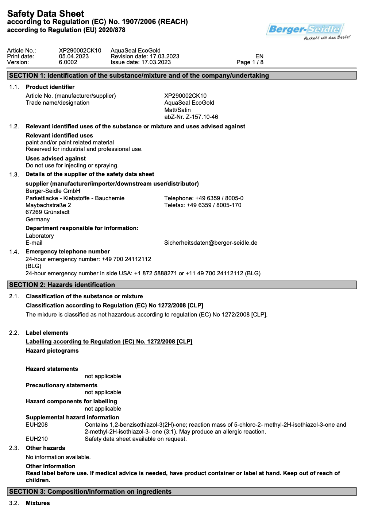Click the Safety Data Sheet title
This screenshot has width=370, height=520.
[x=46, y=14]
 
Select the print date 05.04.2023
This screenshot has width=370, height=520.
[x=74, y=57]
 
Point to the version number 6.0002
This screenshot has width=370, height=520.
[x=68, y=62]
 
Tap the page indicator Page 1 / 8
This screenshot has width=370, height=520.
[x=250, y=62]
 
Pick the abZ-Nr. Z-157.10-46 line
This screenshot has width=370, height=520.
[x=191, y=117]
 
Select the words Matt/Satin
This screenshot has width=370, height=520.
[x=177, y=110]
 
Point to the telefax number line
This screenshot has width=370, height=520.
[x=203, y=205]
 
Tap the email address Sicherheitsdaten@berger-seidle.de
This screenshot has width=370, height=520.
[x=211, y=243]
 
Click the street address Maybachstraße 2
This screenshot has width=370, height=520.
[x=48, y=205]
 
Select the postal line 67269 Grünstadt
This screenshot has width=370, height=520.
[x=47, y=212]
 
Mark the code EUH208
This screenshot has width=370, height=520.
[x=36, y=425]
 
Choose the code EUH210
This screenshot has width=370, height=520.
[x=36, y=439]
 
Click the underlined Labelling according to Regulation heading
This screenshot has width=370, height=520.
[x=109, y=342]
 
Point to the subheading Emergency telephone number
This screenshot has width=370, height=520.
[x=68, y=252]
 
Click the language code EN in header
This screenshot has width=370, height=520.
[x=259, y=57]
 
